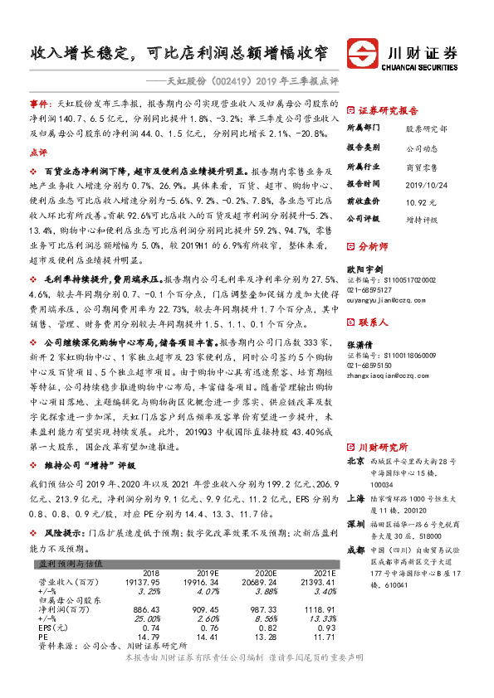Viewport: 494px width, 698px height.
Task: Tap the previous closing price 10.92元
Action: (x=420, y=202)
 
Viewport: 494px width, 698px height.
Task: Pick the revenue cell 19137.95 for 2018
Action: (x=142, y=583)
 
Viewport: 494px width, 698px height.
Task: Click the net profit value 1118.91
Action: (x=319, y=608)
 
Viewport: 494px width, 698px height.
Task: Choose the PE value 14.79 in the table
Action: (x=149, y=637)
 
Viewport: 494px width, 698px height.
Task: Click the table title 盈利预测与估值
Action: (x=71, y=563)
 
